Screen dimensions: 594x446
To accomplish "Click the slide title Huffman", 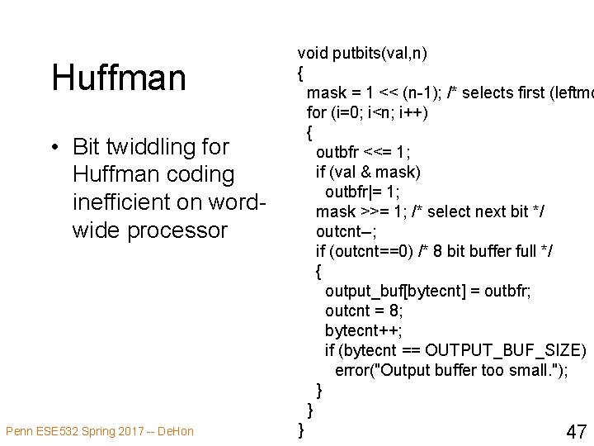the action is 119,78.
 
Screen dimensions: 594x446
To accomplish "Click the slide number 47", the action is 577,431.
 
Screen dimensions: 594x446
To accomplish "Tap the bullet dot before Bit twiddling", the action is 54,148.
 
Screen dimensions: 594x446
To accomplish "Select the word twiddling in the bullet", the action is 146,147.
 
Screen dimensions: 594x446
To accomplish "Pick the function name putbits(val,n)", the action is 379,55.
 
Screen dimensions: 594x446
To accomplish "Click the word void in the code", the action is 313,55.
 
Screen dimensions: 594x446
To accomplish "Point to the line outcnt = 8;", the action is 363,311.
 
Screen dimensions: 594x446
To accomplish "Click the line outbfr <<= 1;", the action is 363,152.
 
